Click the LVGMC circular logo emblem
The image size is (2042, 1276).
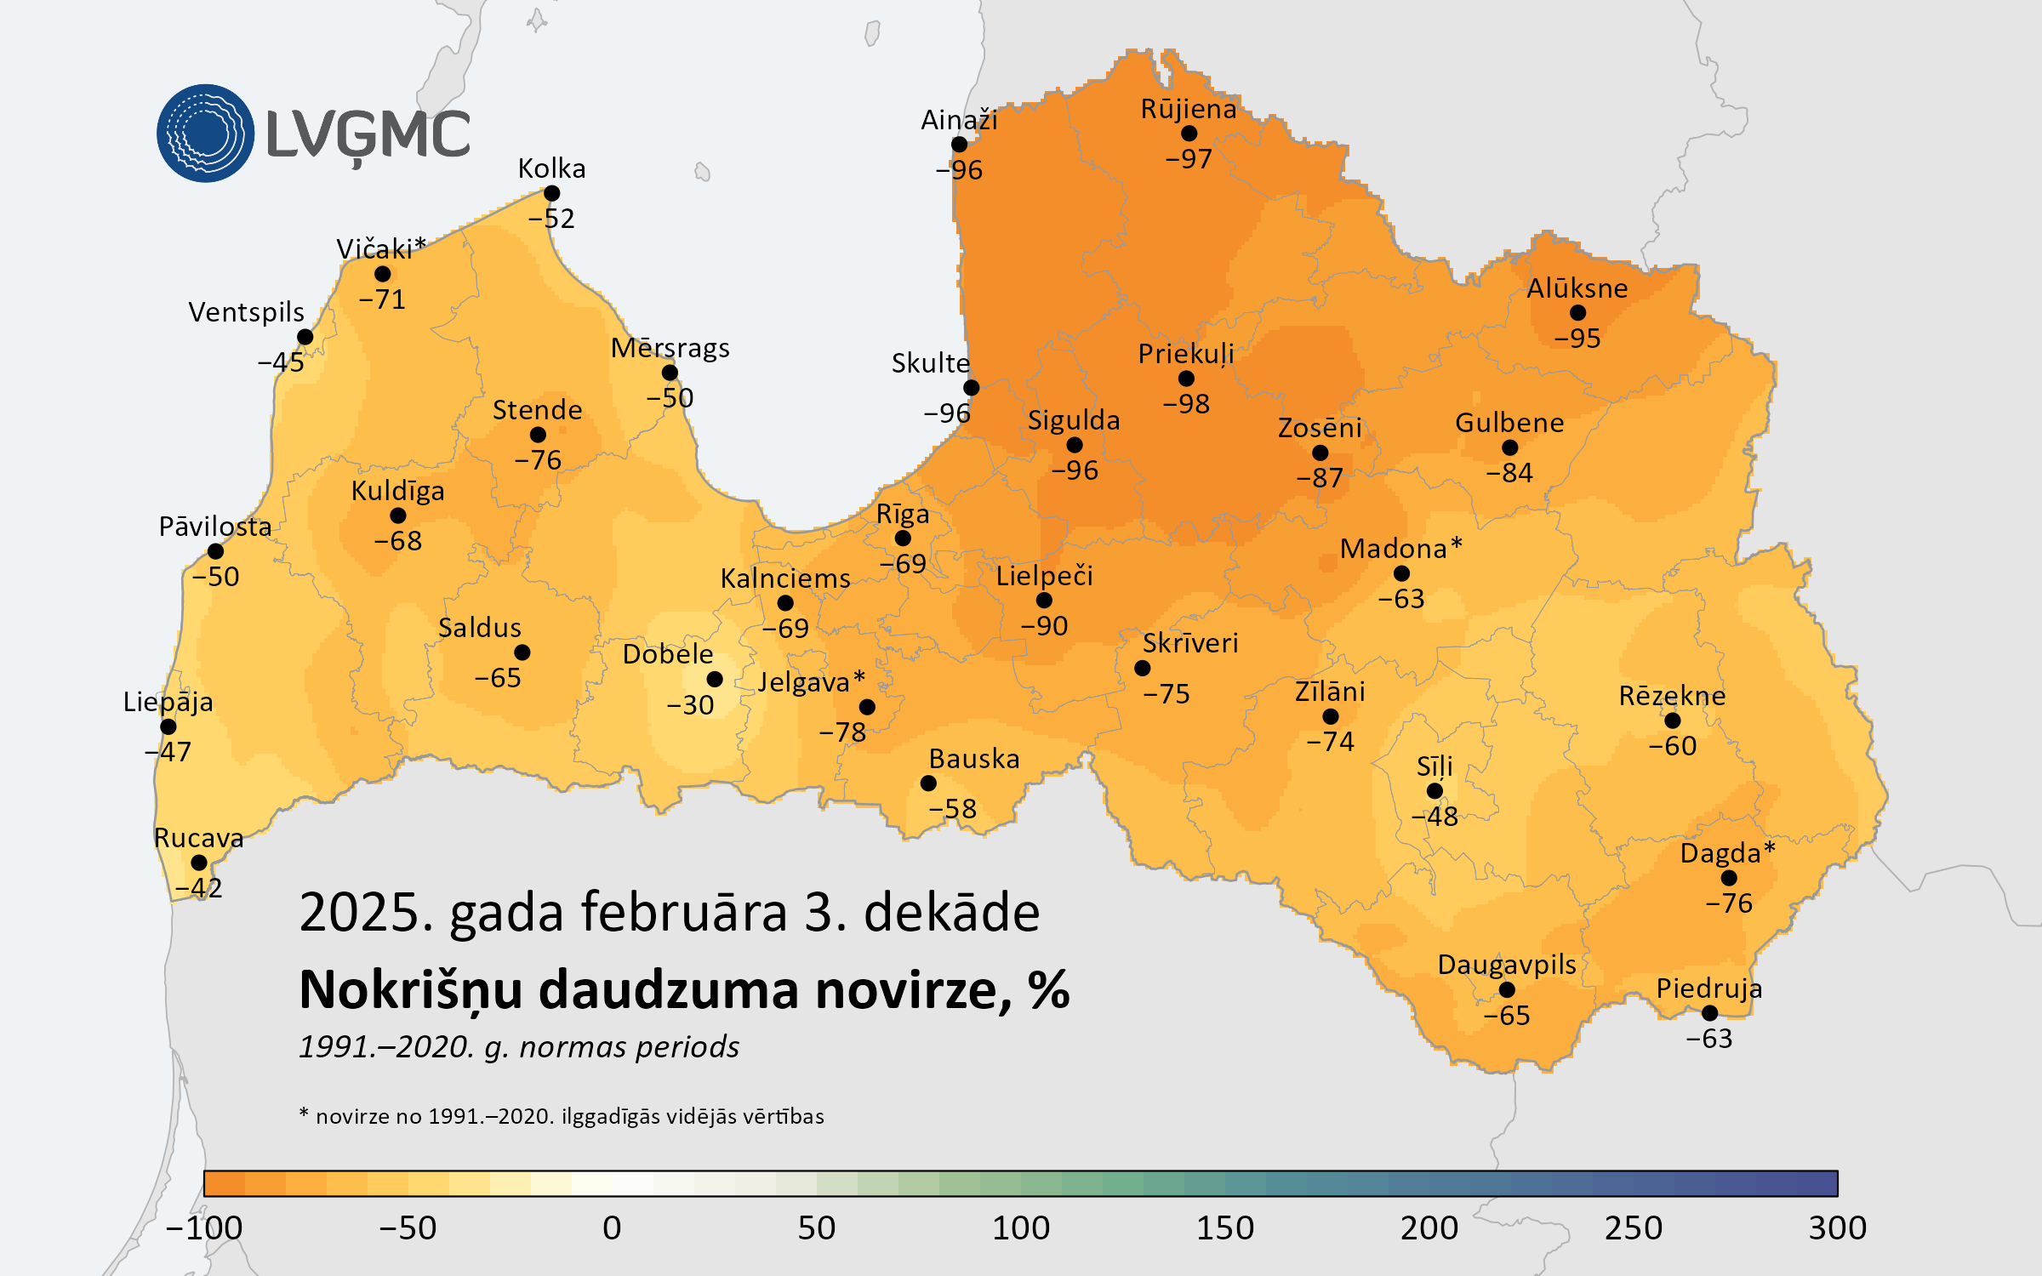(205, 134)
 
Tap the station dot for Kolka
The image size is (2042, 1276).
(552, 194)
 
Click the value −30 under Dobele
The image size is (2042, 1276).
(690, 705)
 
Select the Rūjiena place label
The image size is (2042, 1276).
(1189, 109)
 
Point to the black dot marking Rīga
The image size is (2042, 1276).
(903, 538)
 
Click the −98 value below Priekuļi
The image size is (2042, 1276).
(1186, 403)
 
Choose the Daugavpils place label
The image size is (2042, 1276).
(1507, 965)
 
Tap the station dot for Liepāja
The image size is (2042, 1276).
(168, 726)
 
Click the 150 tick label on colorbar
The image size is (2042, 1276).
(1225, 1228)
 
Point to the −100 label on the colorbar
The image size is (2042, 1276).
(204, 1228)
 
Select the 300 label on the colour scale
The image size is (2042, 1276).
(1838, 1228)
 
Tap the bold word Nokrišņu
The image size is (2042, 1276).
(412, 990)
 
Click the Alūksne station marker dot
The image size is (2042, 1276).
(1577, 313)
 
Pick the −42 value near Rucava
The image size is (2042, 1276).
(199, 888)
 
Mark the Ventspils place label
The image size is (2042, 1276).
(246, 312)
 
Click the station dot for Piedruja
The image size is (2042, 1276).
(1709, 1013)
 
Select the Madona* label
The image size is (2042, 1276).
(1400, 549)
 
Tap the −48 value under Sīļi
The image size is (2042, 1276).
(1435, 817)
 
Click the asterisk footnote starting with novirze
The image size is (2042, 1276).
(562, 1116)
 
